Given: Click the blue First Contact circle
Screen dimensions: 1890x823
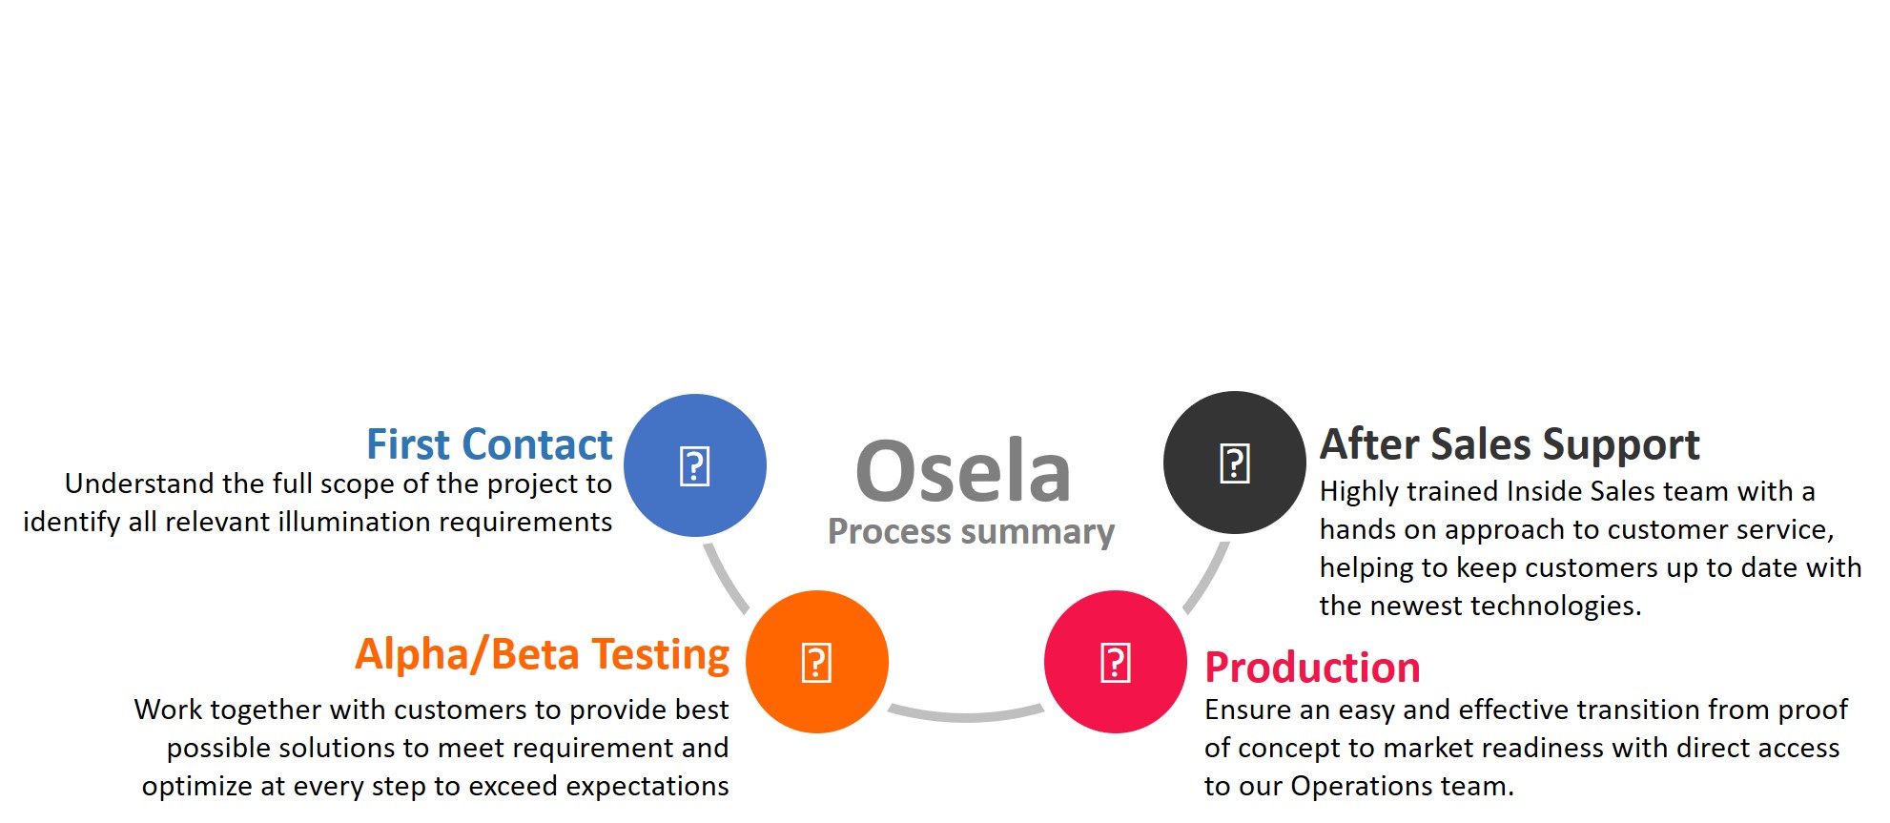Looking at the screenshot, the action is [695, 465].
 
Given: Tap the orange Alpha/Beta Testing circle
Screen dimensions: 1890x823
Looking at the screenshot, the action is [817, 662].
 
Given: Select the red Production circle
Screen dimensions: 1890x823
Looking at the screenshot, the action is [1116, 662].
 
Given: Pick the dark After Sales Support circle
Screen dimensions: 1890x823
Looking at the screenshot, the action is [1235, 463].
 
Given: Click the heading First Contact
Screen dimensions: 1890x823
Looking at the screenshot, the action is [489, 444].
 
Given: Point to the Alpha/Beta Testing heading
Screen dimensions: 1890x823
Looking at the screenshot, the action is [542, 655].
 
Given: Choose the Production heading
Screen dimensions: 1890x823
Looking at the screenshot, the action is [1312, 668].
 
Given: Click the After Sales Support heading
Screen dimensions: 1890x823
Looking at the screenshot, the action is [1510, 444].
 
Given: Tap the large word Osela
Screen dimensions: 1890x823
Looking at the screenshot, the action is [963, 471].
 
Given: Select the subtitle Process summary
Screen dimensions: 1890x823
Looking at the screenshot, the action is [971, 532].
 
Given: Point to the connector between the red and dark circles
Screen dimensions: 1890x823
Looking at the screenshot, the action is [1206, 578].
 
